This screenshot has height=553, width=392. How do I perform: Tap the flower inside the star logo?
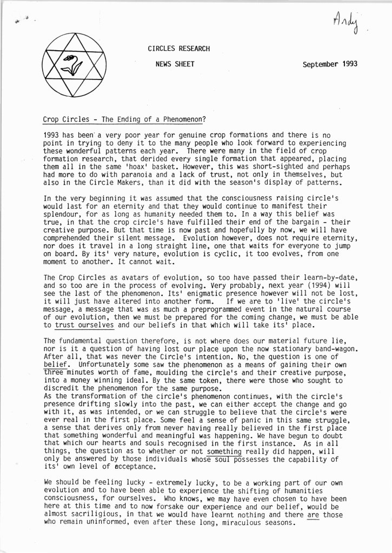(71, 64)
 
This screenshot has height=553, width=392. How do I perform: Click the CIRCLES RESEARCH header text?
(178, 49)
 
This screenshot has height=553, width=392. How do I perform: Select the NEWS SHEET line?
(175, 63)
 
